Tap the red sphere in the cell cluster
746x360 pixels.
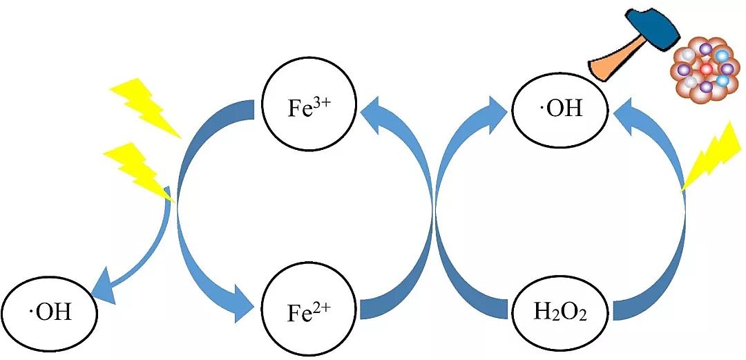[x=705, y=70]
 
